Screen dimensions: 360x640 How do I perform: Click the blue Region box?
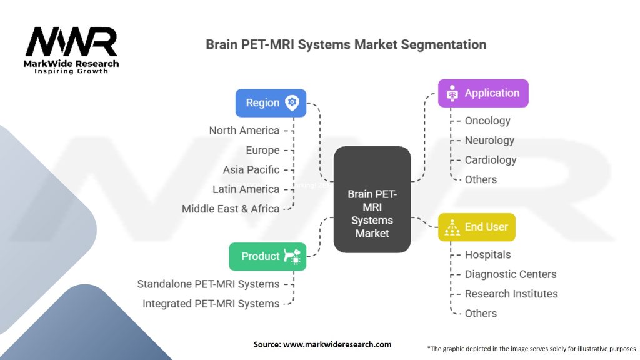[x=271, y=103]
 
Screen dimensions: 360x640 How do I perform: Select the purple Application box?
[x=482, y=93]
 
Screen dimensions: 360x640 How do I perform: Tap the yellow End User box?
[x=476, y=227]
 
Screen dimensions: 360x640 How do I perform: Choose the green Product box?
[x=267, y=256]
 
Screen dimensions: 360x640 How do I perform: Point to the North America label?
[x=244, y=131]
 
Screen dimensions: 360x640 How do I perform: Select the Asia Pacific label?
[x=251, y=170]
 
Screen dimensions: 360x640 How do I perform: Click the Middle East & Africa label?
[x=231, y=209]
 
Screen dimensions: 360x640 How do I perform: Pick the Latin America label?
[x=246, y=189]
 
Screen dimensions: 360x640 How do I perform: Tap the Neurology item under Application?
[x=489, y=141]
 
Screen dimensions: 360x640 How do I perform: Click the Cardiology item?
[x=491, y=160]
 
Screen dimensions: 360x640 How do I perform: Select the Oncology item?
[x=487, y=121]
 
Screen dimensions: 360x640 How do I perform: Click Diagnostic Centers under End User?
[x=510, y=274]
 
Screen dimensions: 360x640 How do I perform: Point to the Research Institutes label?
[x=511, y=294]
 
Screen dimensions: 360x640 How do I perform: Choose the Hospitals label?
[x=487, y=255]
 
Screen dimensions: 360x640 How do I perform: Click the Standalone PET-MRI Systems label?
[x=208, y=284]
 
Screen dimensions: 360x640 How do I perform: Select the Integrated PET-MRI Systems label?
[x=211, y=304]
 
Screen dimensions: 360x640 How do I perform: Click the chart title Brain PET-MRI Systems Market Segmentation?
[x=346, y=45]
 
